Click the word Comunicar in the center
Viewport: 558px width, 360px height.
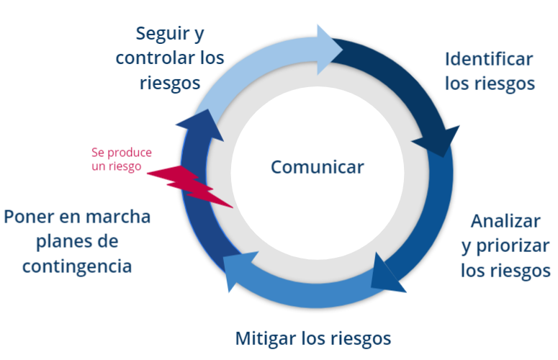[x=318, y=167]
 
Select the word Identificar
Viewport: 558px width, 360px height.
[x=489, y=59]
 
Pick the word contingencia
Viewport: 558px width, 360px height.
[x=77, y=266]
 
